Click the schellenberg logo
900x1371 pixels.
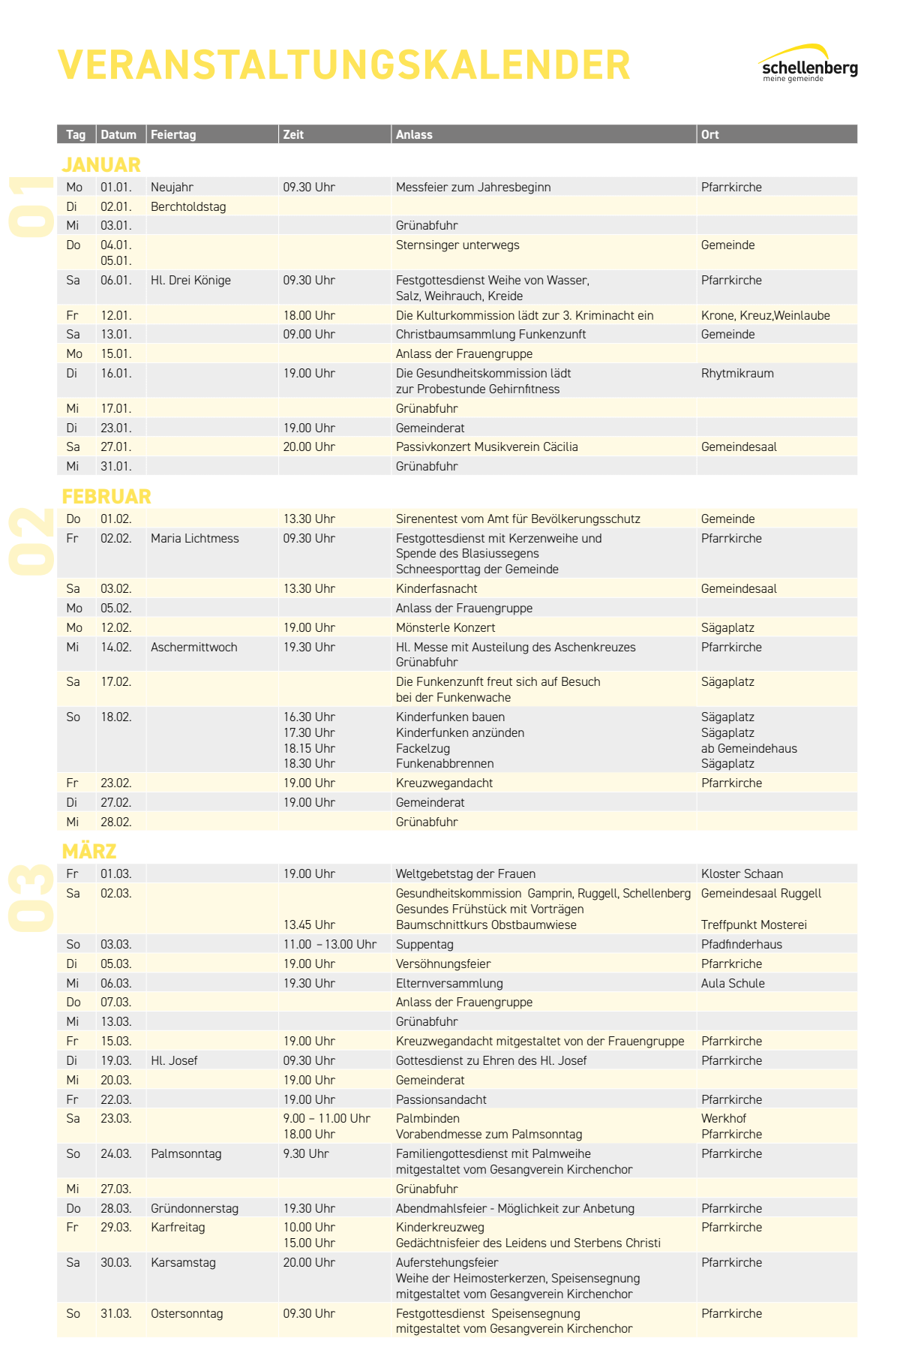tap(808, 65)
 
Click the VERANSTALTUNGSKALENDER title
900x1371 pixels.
tap(343, 65)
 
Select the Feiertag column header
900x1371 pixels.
tap(173, 135)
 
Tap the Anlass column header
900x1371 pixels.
tap(414, 135)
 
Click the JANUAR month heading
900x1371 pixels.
tap(101, 165)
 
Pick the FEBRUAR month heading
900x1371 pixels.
tap(106, 497)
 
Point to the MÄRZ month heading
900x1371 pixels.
tap(89, 852)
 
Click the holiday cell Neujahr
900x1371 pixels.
tap(172, 188)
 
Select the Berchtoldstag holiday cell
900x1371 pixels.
tap(188, 207)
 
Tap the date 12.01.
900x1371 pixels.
tap(116, 316)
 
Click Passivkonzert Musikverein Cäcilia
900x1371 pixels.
tap(487, 447)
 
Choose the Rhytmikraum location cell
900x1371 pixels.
tap(737, 374)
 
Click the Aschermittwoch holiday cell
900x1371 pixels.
tap(193, 648)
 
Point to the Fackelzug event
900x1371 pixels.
tap(423, 749)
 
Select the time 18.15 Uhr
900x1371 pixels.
tap(309, 749)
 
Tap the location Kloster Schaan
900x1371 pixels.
tap(742, 874)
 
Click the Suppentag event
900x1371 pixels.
tap(424, 945)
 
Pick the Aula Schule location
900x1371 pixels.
tap(733, 984)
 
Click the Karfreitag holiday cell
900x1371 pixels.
tap(178, 1228)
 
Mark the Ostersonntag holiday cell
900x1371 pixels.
tap(187, 1314)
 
